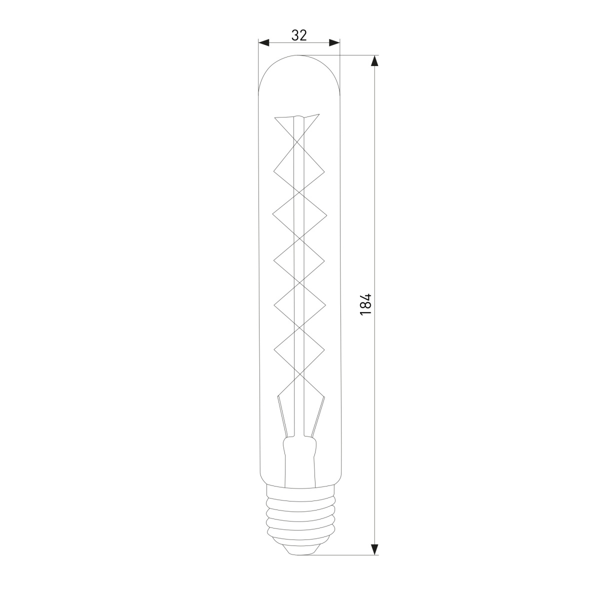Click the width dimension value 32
coord(299,35)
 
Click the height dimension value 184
coord(366,304)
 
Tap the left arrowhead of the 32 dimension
coord(263,43)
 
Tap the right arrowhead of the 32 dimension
coord(334,43)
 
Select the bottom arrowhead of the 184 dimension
coord(375,549)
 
